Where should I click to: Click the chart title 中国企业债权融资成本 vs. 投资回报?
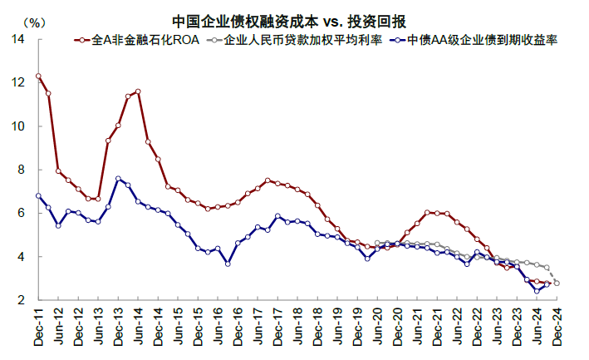point(289,22)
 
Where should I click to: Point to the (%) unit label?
point(34,23)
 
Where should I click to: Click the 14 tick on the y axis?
point(18,39)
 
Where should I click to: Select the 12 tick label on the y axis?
point(18,82)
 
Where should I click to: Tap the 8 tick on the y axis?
point(21,170)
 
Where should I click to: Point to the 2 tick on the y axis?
point(21,300)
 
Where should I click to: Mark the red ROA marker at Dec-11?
point(38,76)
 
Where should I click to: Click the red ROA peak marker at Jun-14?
point(138,91)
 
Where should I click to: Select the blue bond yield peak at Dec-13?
point(118,179)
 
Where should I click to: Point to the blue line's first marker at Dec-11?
point(38,195)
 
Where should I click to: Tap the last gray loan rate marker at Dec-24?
point(557,284)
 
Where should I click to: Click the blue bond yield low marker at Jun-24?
point(537,291)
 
